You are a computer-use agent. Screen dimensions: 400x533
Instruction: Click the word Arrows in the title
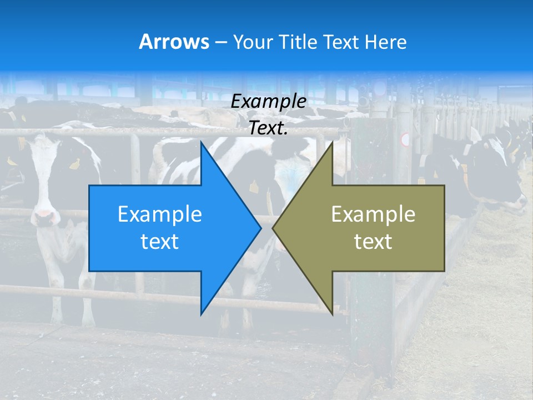(x=174, y=42)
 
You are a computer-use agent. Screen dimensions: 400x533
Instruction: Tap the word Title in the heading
(x=298, y=42)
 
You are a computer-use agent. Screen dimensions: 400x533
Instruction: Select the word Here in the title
(x=385, y=42)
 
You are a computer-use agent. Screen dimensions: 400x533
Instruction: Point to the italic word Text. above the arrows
(x=268, y=128)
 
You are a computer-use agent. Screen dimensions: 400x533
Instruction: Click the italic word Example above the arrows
(x=268, y=102)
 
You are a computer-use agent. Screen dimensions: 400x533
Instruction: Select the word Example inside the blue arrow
(x=160, y=214)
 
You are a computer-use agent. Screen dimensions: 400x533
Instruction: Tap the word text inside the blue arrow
(x=160, y=242)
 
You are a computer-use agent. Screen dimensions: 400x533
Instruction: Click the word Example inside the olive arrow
(x=373, y=214)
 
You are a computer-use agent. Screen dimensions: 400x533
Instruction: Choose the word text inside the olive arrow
(x=373, y=242)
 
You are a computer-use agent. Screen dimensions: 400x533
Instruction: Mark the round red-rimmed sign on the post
(x=405, y=139)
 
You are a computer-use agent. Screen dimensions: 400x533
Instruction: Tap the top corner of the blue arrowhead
(x=202, y=143)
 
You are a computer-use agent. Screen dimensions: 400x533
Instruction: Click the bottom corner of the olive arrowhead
(x=332, y=313)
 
